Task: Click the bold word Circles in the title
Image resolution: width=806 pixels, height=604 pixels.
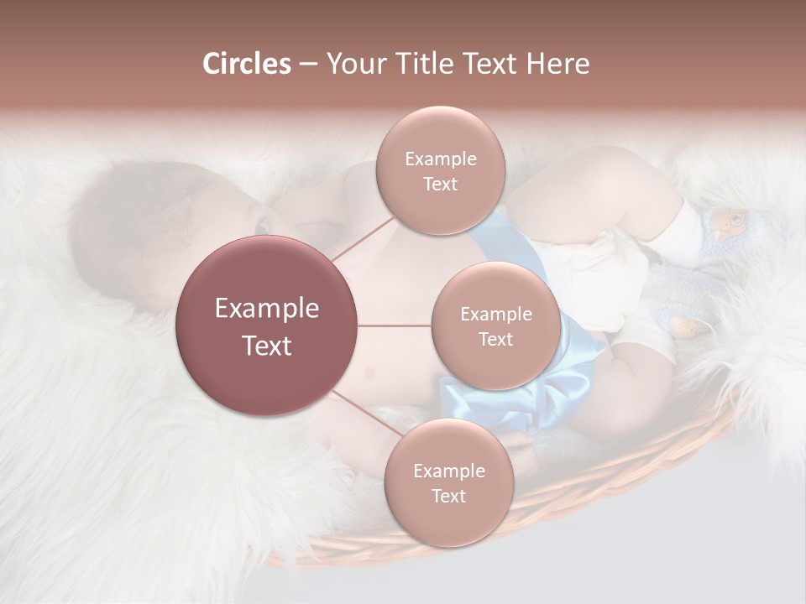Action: point(246,64)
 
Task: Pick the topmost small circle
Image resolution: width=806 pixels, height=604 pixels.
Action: point(440,170)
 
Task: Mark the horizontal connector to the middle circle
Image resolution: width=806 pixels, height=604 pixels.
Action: point(395,325)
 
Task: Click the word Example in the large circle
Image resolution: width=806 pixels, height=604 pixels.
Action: point(266,309)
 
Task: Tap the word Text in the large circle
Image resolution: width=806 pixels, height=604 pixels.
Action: point(266,346)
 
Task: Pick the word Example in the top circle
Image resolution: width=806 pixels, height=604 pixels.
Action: point(440,159)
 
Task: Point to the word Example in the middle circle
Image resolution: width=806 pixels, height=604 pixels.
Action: point(495,314)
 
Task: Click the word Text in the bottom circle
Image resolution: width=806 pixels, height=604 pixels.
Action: point(448,496)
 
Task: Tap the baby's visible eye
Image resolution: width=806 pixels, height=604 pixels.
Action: point(262,227)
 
